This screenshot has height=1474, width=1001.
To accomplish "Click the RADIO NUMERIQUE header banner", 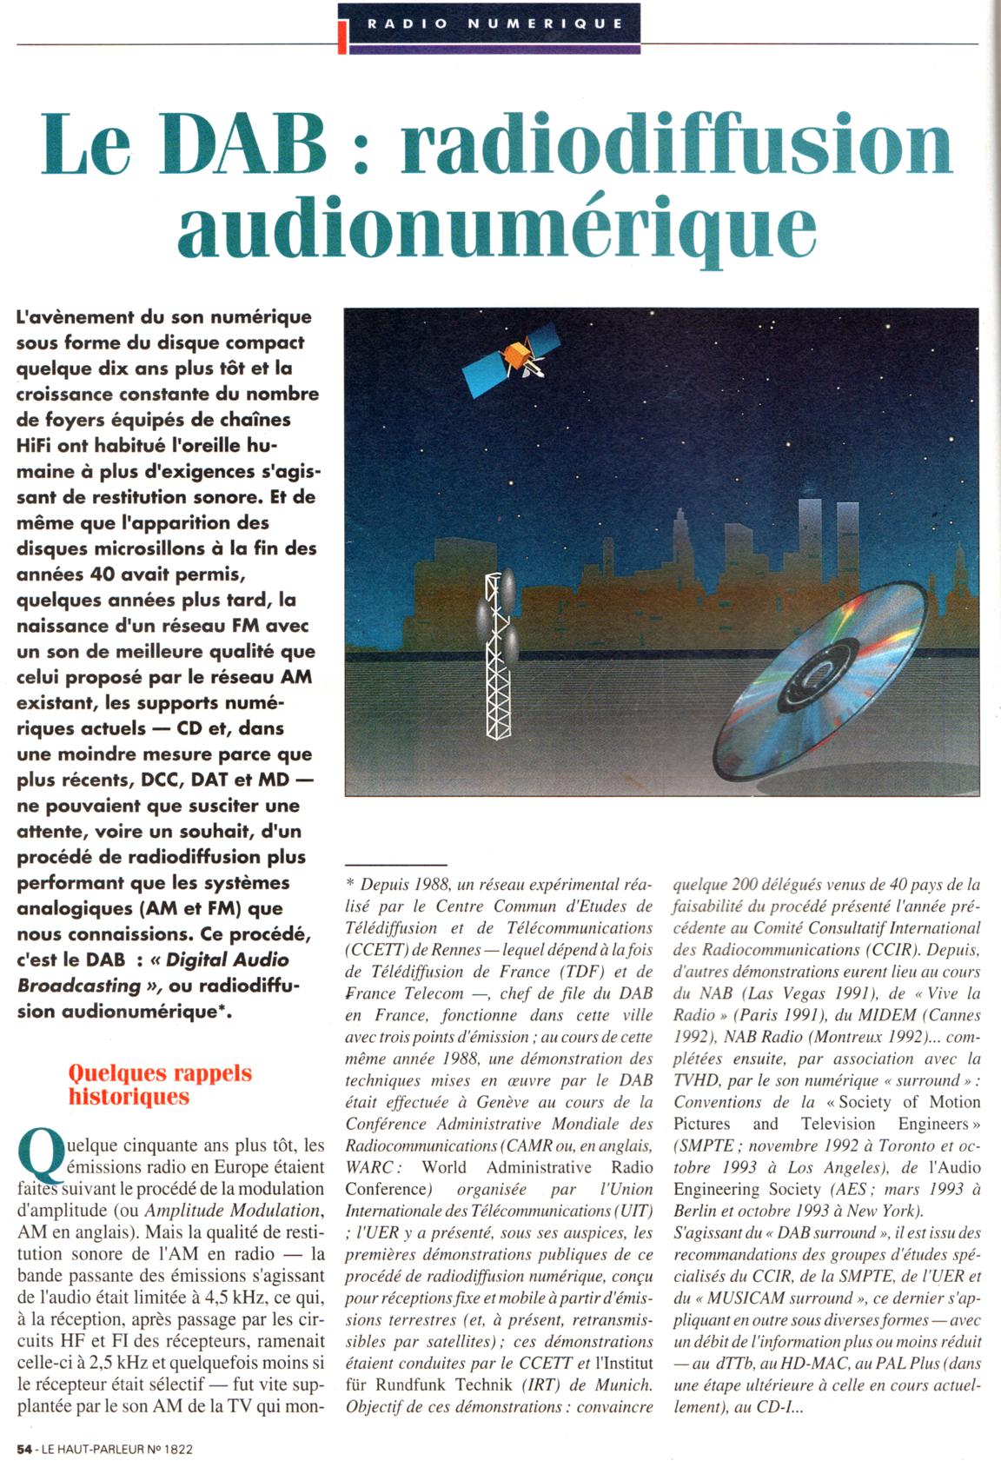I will click(x=494, y=23).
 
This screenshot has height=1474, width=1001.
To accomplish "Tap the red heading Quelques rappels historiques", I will click(x=160, y=1085).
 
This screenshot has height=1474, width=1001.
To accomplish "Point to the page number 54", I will click(x=24, y=1449).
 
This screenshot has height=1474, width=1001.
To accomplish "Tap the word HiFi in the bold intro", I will click(x=36, y=446).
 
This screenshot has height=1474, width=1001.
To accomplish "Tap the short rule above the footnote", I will click(x=395, y=865).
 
